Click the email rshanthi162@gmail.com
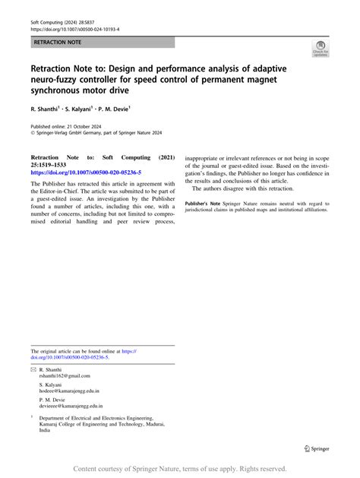(65, 376)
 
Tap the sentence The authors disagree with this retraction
(242, 188)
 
